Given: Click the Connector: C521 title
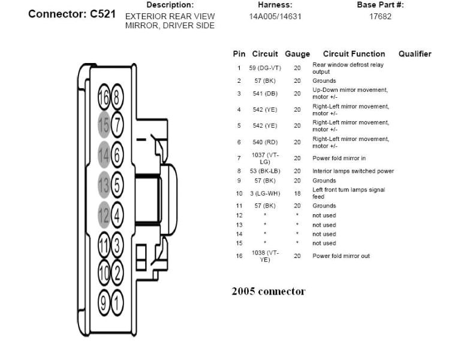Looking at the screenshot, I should tap(72, 14).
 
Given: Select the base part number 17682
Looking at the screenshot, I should tap(380, 16).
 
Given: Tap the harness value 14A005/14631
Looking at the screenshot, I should tap(275, 16).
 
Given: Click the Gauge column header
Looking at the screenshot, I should tap(297, 54).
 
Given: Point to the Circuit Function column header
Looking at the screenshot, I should tap(354, 54).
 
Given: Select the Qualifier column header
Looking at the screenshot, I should tap(415, 54).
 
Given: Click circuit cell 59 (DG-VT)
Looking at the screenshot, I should tap(264, 68).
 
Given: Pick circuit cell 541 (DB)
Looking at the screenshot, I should tap(264, 94).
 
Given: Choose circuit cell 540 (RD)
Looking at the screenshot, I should tap(264, 142).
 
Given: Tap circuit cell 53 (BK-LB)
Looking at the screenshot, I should tap(264, 171).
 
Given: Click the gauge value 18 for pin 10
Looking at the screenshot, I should tap(297, 193).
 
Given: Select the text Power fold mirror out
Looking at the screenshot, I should tap(341, 256).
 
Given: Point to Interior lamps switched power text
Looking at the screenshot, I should tap(353, 171).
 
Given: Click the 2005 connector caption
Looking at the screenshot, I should tap(269, 292).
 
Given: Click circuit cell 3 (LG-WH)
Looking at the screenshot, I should tap(264, 193).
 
